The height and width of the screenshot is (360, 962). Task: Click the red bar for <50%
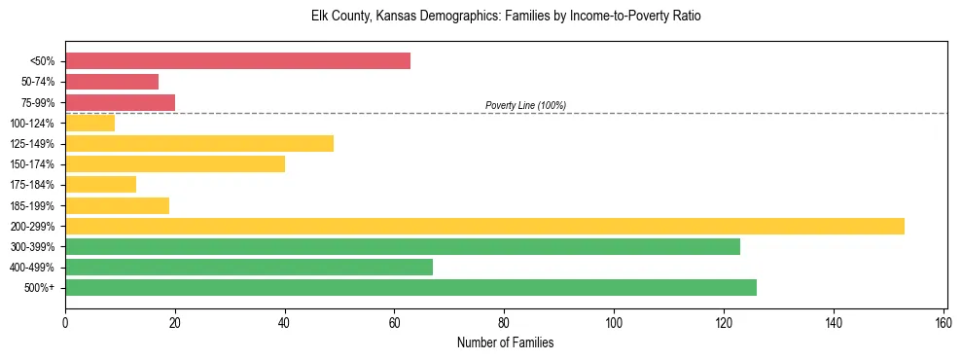237,61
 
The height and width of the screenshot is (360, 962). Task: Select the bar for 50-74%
112,82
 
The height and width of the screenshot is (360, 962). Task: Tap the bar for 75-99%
120,102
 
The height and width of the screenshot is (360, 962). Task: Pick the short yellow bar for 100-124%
89,123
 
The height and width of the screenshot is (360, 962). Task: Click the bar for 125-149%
199,144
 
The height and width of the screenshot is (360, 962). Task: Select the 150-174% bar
175,164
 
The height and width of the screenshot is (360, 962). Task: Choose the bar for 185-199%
117,205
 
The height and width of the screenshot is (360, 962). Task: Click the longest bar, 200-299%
484,226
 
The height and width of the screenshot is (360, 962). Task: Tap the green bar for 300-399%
403,246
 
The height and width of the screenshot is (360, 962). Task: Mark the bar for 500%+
410,288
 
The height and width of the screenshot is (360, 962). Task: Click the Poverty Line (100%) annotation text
525,105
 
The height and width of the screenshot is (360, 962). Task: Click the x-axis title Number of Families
506,342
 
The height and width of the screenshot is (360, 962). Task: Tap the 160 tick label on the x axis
943,323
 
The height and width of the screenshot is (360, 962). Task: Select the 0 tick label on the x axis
65,323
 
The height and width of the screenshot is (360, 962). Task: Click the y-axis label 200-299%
32,227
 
